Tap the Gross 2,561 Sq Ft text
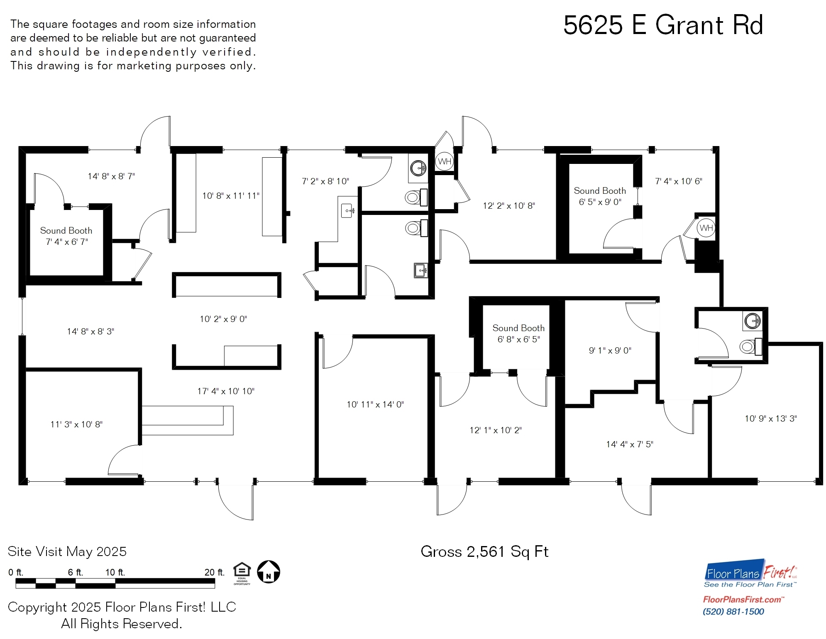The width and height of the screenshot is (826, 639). pos(484,551)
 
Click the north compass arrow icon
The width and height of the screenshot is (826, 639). pos(269,572)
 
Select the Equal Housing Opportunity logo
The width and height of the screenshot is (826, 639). pos(242,573)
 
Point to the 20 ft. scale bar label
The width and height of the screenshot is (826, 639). pos(214,572)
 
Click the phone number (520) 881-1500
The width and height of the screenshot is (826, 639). pos(733,612)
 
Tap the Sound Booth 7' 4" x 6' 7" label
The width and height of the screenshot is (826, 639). pos(66,236)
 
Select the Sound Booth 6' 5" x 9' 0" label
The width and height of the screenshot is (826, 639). pos(600,196)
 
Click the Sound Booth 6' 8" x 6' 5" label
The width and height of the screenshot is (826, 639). pos(518,334)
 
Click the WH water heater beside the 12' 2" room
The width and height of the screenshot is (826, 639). pos(445,161)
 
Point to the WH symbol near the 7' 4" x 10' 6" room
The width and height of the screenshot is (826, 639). pos(706,228)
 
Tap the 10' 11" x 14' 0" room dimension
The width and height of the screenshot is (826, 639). pos(375,405)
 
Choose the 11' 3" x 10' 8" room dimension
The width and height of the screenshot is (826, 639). pos(76,424)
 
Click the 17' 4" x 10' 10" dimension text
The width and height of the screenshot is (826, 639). pos(226,391)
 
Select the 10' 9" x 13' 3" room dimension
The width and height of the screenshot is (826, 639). pos(770,419)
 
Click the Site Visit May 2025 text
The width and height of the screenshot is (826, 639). pos(67,551)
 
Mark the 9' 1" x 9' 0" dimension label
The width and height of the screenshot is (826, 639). pos(610,351)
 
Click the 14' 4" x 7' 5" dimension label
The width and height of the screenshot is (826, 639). pos(629,444)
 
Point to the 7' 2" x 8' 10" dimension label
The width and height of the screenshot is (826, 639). pos(325,181)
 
